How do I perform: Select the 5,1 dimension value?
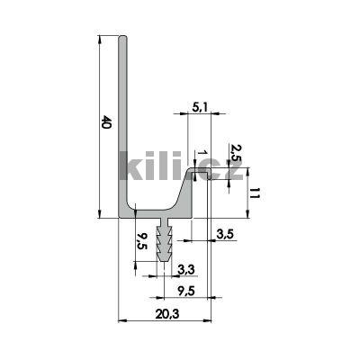click(x=202, y=108)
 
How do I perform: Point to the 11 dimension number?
click(x=256, y=191)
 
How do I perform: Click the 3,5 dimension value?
click(x=226, y=235)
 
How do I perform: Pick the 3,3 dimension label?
click(x=186, y=268)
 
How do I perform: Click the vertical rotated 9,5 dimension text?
click(x=141, y=240)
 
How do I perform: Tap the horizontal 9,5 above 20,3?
click(x=188, y=290)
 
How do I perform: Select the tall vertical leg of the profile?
click(x=125, y=126)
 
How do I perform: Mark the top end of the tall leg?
click(x=125, y=39)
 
